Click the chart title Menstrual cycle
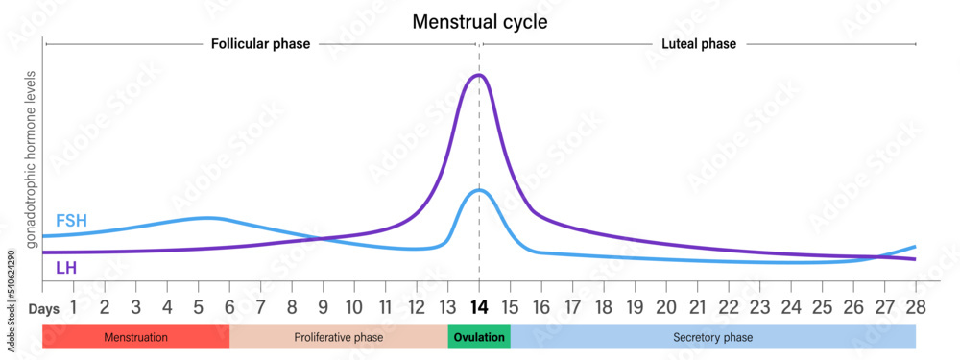(479, 20)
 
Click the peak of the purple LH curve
(479, 75)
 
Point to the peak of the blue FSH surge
(479, 190)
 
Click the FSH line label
(71, 221)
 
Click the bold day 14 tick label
(479, 309)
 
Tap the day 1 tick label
(73, 309)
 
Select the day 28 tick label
(915, 309)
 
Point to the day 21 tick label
(697, 309)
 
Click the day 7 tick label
(261, 309)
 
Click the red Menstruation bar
(135, 338)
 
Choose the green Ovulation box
(478, 338)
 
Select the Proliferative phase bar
(338, 338)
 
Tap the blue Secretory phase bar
(712, 338)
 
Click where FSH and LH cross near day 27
(876, 256)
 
